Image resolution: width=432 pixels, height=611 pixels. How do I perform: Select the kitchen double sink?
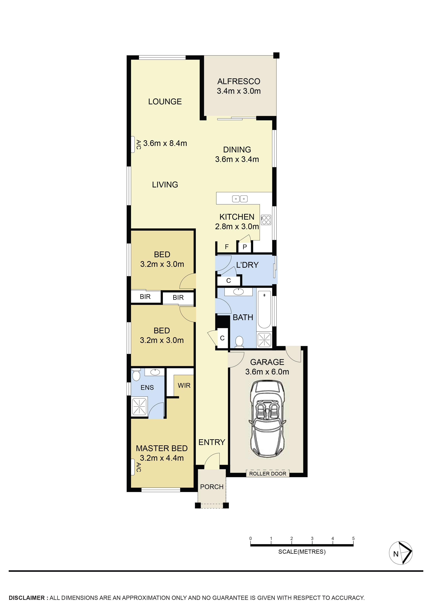[240, 199]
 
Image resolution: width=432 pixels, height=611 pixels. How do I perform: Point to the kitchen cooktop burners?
[266, 220]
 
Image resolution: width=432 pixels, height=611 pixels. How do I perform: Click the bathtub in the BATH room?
[264, 310]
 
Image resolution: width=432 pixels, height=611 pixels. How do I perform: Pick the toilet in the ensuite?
[136, 375]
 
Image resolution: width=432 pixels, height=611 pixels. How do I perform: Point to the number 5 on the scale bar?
[353, 538]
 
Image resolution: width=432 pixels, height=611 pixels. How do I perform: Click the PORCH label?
[212, 487]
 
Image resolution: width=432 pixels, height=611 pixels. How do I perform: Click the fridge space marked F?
[227, 247]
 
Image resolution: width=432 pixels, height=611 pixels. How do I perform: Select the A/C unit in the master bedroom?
[133, 467]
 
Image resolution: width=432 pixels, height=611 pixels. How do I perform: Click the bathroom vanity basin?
[238, 292]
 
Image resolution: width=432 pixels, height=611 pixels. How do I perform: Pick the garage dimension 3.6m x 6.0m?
[267, 372]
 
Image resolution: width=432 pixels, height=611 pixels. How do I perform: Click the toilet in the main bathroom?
[239, 342]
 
